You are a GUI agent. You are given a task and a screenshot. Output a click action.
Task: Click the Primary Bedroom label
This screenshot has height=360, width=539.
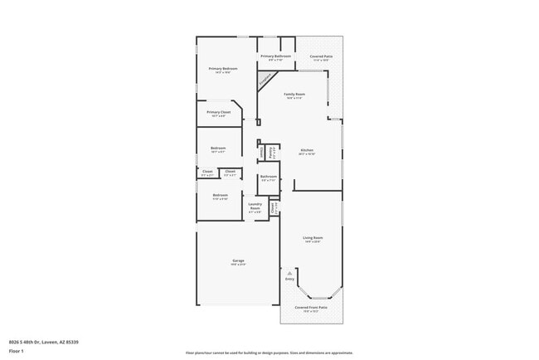[x=223, y=68]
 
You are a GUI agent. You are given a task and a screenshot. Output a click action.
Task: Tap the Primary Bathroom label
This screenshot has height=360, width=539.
[x=275, y=56]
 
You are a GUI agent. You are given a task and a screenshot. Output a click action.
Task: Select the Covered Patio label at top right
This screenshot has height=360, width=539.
[x=321, y=56]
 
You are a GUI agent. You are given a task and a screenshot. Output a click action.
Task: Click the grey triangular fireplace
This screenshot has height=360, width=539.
[x=265, y=80]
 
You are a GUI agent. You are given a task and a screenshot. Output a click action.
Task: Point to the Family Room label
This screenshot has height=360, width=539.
[x=294, y=95]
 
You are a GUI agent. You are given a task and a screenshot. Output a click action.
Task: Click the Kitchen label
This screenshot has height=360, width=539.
[x=306, y=150]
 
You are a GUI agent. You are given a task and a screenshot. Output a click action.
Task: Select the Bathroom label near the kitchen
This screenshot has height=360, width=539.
[x=268, y=176]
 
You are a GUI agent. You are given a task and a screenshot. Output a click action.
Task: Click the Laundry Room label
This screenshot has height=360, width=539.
[x=255, y=205]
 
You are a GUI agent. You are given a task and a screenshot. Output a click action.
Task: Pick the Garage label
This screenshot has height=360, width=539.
[x=237, y=261]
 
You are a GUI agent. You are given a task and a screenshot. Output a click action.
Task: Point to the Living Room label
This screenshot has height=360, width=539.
[x=313, y=237]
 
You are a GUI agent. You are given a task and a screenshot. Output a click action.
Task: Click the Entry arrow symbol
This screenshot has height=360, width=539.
[x=289, y=273]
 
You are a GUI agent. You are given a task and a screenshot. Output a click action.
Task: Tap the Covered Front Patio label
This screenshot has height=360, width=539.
[x=312, y=307]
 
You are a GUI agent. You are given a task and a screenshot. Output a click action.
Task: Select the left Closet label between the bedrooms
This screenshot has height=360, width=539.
[x=206, y=172]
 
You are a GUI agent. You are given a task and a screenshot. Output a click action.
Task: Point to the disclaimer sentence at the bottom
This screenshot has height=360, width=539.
[x=269, y=353]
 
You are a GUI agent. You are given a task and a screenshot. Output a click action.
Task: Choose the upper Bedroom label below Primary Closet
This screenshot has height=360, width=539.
[x=218, y=148]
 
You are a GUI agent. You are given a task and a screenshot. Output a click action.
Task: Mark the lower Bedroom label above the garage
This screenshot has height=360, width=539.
[x=220, y=195]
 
